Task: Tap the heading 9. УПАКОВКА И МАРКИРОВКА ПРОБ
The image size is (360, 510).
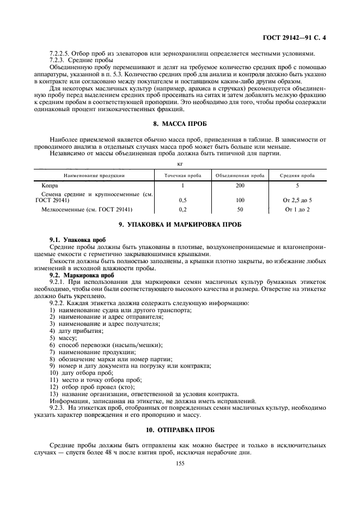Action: click(180, 225)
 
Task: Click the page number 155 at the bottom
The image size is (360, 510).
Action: click(180, 463)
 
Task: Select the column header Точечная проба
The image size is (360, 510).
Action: click(182, 175)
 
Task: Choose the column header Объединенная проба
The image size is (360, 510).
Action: click(240, 175)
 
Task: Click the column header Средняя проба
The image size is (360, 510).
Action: click(297, 175)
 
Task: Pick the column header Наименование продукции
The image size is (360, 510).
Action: click(94, 175)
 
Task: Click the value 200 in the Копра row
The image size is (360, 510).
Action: click(240, 186)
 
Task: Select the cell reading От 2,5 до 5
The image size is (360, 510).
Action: click(297, 200)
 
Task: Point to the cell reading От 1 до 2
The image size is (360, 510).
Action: click(297, 209)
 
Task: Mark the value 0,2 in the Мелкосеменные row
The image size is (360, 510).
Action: click(182, 209)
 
